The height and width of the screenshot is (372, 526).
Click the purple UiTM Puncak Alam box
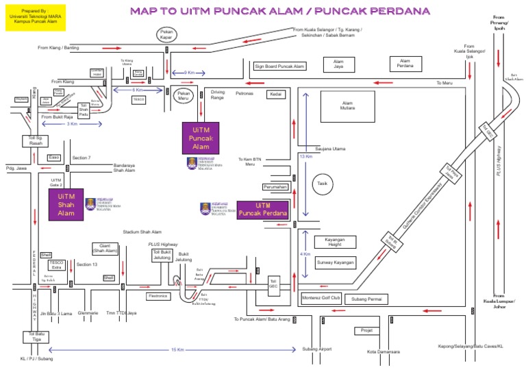(x=200, y=138)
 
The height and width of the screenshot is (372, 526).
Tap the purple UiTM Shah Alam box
(x=66, y=203)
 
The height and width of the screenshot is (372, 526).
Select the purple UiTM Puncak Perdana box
(x=263, y=210)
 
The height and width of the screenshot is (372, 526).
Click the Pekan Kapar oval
(x=166, y=35)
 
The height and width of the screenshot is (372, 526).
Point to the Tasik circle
(x=321, y=184)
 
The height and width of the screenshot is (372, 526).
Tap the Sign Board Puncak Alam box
(x=279, y=66)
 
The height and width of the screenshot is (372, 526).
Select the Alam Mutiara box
(x=347, y=106)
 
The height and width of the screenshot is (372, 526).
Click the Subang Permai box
(x=369, y=299)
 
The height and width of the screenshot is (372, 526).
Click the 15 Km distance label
(x=177, y=350)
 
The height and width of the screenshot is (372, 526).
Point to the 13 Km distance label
(x=306, y=157)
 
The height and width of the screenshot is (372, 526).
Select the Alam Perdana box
(x=406, y=64)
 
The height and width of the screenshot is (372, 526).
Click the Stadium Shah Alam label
(x=142, y=232)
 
